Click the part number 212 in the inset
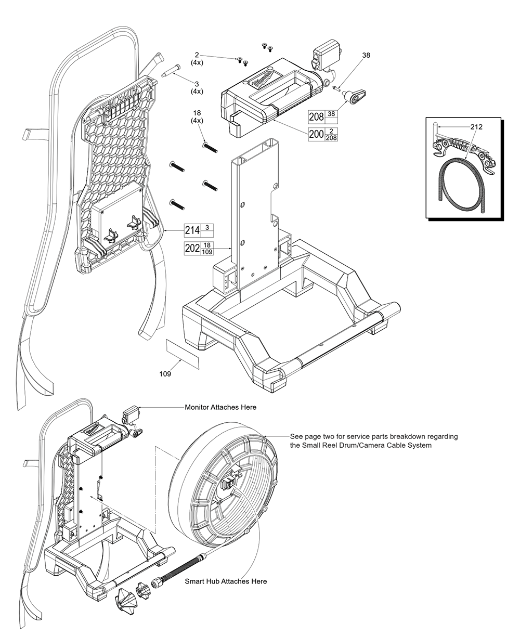pos(476,127)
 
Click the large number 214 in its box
pos(192,230)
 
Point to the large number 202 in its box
pos(192,249)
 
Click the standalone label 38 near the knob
pos(366,55)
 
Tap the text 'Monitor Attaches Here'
pos(220,407)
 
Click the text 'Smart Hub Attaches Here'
pos(226,581)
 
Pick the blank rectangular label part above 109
pos(182,354)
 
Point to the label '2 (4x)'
pos(197,58)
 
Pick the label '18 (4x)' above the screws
pos(197,116)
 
